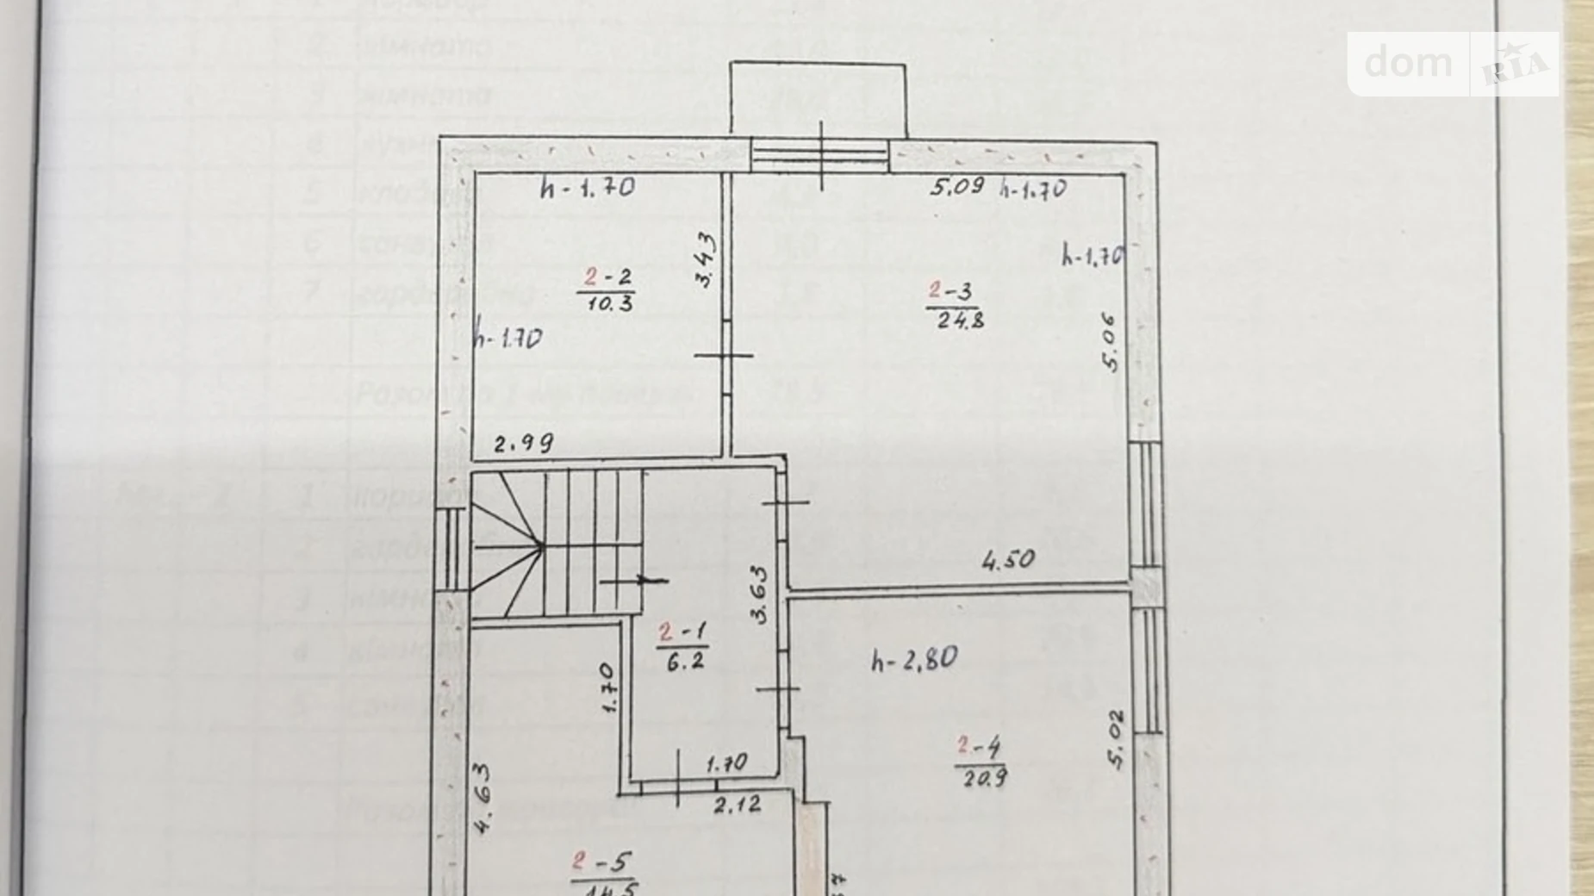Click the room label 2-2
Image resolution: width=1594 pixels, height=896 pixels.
coord(608,277)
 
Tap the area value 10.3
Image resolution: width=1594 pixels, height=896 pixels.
coord(610,303)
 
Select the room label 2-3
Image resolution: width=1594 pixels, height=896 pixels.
coord(951,292)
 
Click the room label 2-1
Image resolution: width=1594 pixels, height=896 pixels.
coord(682,633)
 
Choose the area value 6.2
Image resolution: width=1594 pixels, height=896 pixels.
coord(685,661)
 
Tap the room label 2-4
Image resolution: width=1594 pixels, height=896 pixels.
coord(979,746)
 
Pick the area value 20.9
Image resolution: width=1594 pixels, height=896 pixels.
coord(981,777)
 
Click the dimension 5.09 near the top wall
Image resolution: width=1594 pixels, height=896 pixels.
coord(956,186)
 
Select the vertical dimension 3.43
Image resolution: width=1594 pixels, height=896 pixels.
coord(705,259)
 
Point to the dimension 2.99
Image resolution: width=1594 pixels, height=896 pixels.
coord(524,444)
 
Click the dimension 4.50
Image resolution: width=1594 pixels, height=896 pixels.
coord(1008,560)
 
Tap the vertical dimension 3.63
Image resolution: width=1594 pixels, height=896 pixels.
coord(758,594)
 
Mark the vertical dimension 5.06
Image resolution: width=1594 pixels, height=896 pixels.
coord(1111,342)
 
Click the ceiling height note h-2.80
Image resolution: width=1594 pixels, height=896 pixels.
coord(914,661)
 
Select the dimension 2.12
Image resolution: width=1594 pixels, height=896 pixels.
coord(737,805)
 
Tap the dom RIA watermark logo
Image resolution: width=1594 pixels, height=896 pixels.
coord(1453,64)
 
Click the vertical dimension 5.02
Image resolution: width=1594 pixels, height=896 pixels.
coord(1116,739)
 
